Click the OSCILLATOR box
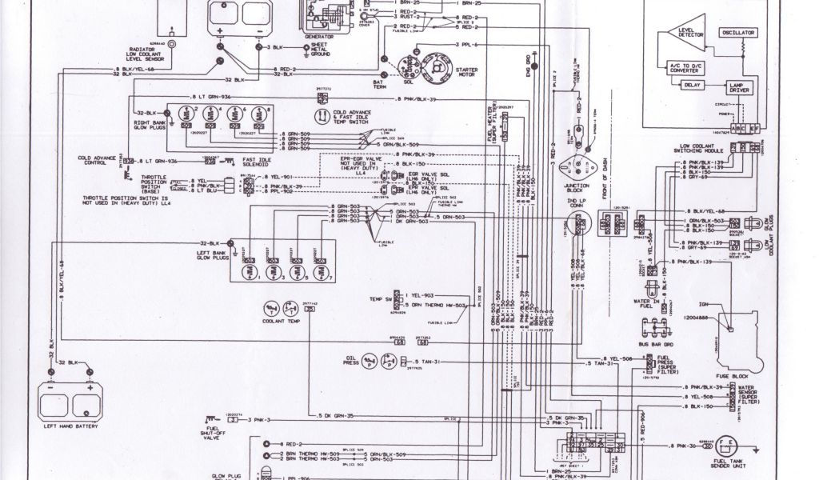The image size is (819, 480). [x=738, y=34]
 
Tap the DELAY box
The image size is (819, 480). [x=692, y=84]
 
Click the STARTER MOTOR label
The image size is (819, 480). [x=466, y=73]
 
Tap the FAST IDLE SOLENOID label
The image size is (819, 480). [x=254, y=163]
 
